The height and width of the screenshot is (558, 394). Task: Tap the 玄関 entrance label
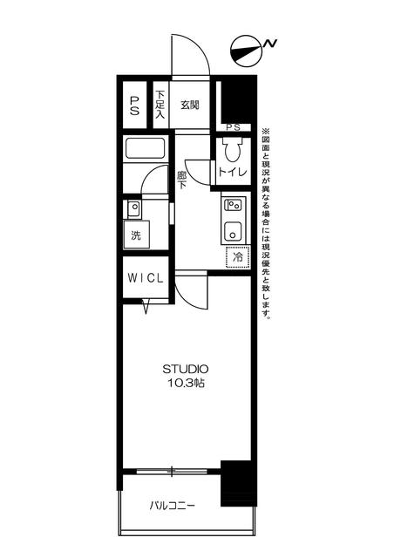189,105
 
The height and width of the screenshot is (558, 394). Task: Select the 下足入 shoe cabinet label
160,105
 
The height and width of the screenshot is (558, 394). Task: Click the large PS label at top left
134,105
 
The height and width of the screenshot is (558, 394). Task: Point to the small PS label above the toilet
233,127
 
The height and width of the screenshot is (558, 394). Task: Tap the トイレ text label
233,173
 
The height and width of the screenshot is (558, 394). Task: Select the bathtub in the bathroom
146,149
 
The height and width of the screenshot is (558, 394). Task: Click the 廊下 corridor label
182,180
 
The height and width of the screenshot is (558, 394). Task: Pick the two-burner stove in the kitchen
233,205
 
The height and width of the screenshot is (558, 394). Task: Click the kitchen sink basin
233,231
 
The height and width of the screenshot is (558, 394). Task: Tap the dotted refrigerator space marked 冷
237,257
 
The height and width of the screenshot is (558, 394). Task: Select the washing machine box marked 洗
136,235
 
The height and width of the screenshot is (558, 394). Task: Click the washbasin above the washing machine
134,209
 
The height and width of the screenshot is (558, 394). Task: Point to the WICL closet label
146,278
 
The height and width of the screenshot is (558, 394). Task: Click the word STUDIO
186,369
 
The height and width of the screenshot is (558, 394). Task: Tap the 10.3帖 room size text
186,384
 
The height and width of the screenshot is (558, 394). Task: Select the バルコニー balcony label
173,506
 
